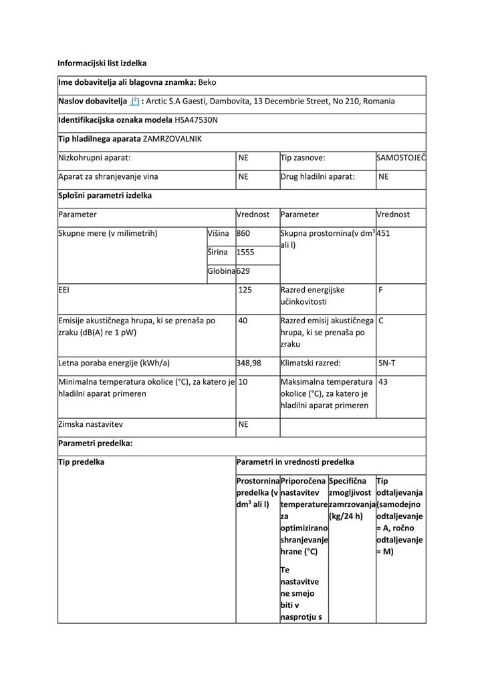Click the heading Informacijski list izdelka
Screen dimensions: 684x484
coord(102,63)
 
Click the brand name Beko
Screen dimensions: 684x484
coord(207,83)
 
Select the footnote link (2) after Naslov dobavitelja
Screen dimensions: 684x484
coord(134,102)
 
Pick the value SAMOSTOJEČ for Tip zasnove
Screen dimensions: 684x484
coord(401,158)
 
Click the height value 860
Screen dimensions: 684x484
coord(243,234)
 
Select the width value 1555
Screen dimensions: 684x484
coord(245,252)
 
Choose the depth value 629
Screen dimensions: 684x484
coord(243,271)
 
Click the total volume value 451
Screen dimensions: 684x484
coord(384,234)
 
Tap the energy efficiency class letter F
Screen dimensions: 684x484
coord(380,291)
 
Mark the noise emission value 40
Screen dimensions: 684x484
coord(243,321)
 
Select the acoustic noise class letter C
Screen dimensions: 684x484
coord(380,321)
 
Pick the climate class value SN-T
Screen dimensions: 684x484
coord(386,363)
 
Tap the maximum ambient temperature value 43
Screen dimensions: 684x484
coord(383,381)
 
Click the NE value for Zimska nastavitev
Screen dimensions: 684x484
coord(243,424)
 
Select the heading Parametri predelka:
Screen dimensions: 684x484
coord(95,443)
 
